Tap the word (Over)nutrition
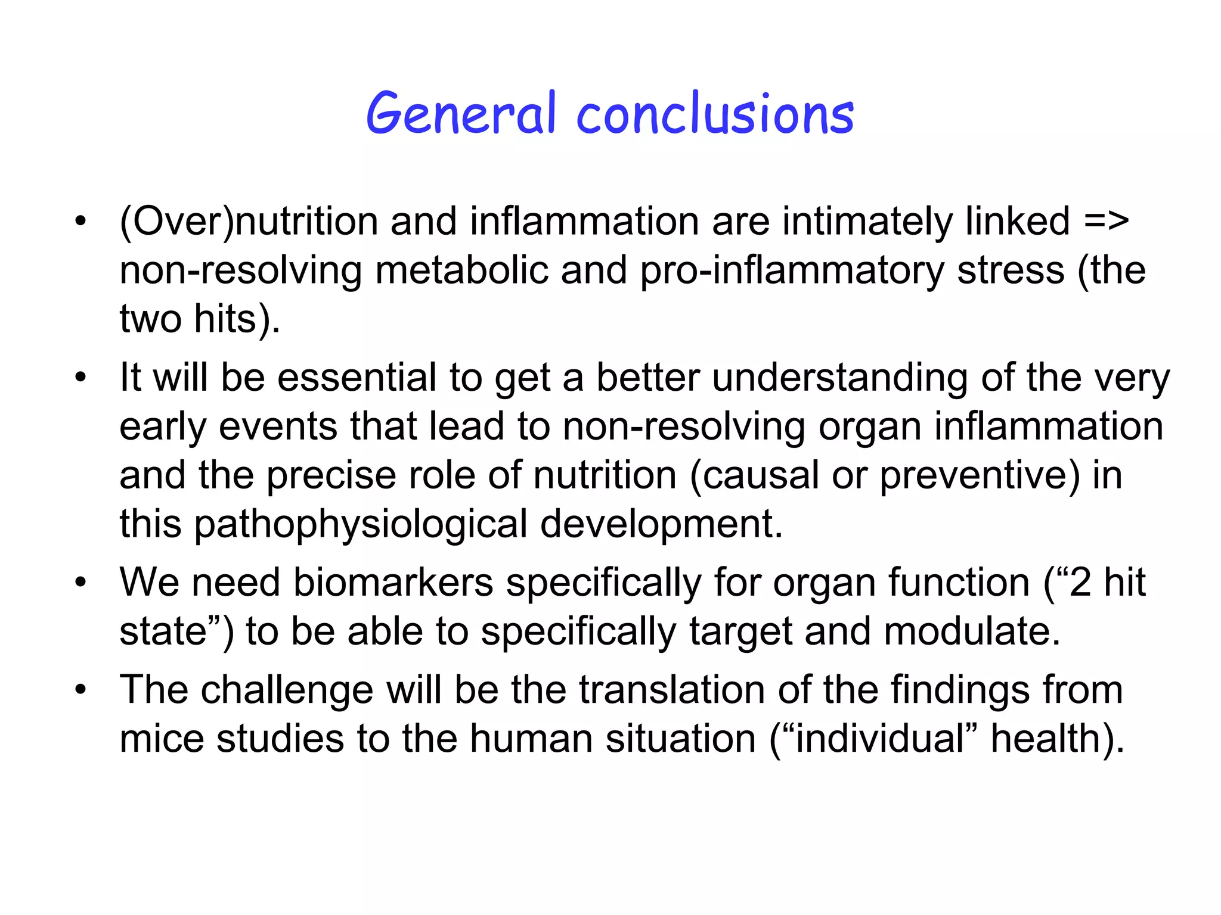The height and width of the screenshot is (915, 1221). (x=249, y=222)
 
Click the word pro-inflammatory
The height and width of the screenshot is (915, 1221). (x=792, y=271)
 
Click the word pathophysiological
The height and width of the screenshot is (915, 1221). (x=361, y=525)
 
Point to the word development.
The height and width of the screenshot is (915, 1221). (x=661, y=525)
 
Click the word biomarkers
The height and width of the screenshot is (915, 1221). (x=393, y=582)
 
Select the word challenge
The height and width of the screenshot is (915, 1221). (x=287, y=690)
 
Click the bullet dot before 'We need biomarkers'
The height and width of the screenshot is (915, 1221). (x=81, y=582)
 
